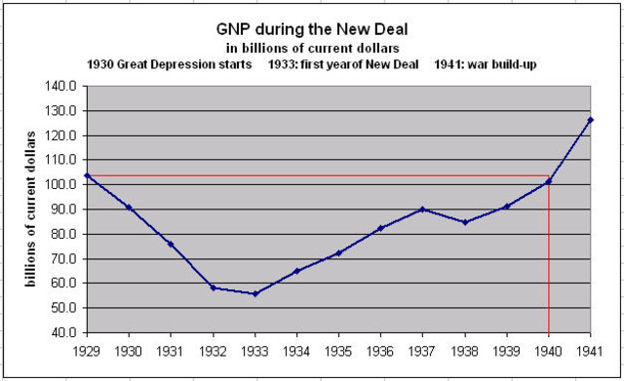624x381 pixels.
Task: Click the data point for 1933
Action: [x=254, y=293]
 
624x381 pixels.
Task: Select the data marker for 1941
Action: [x=591, y=120]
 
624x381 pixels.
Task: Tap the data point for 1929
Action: [x=87, y=175]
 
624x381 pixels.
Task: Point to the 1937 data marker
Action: [x=422, y=209]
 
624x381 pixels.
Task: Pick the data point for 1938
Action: [x=465, y=222]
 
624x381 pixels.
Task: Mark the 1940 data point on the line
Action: [x=549, y=181]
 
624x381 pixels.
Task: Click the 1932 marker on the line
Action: [x=213, y=287]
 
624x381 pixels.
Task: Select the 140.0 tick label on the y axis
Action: [x=60, y=86]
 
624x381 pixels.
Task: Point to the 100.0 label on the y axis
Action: [x=60, y=184]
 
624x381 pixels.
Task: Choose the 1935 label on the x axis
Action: [x=338, y=348]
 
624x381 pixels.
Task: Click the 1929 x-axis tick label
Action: [x=87, y=348]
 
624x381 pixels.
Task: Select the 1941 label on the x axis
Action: [x=591, y=348]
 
